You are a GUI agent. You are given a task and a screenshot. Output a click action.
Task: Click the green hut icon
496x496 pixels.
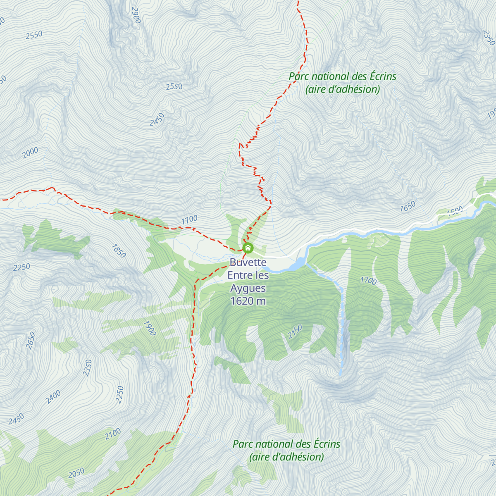pos(248,248)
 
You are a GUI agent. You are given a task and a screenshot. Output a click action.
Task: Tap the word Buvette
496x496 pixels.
pos(248,262)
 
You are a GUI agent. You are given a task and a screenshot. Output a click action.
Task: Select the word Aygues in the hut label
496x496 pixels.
pos(248,288)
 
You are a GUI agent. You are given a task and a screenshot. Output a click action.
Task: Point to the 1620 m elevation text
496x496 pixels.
pos(248,301)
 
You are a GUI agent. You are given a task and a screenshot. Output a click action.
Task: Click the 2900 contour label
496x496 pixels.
pos(136,15)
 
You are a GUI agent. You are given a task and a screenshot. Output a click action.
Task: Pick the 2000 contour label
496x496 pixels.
pos(30,153)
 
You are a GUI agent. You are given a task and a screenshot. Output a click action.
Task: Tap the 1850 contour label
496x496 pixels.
pos(119,251)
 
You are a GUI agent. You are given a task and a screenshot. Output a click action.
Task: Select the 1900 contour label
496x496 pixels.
pos(150,328)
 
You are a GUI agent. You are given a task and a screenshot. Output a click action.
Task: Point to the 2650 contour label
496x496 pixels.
pos(31,341)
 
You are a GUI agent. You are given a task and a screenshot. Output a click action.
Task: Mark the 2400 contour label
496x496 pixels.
pos(53,397)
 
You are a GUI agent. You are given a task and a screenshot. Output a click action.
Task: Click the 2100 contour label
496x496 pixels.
pos(112,434)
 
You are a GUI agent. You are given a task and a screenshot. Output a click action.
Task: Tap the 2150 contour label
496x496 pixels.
pos(295,331)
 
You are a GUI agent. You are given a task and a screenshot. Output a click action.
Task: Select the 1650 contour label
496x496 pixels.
pos(408,207)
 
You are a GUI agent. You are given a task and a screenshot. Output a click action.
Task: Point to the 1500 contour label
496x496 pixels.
pos(455,211)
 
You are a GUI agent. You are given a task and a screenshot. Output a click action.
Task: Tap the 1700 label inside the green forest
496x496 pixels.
pos(368,281)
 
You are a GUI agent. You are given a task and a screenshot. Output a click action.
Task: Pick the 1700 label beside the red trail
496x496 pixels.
pos(189,220)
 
